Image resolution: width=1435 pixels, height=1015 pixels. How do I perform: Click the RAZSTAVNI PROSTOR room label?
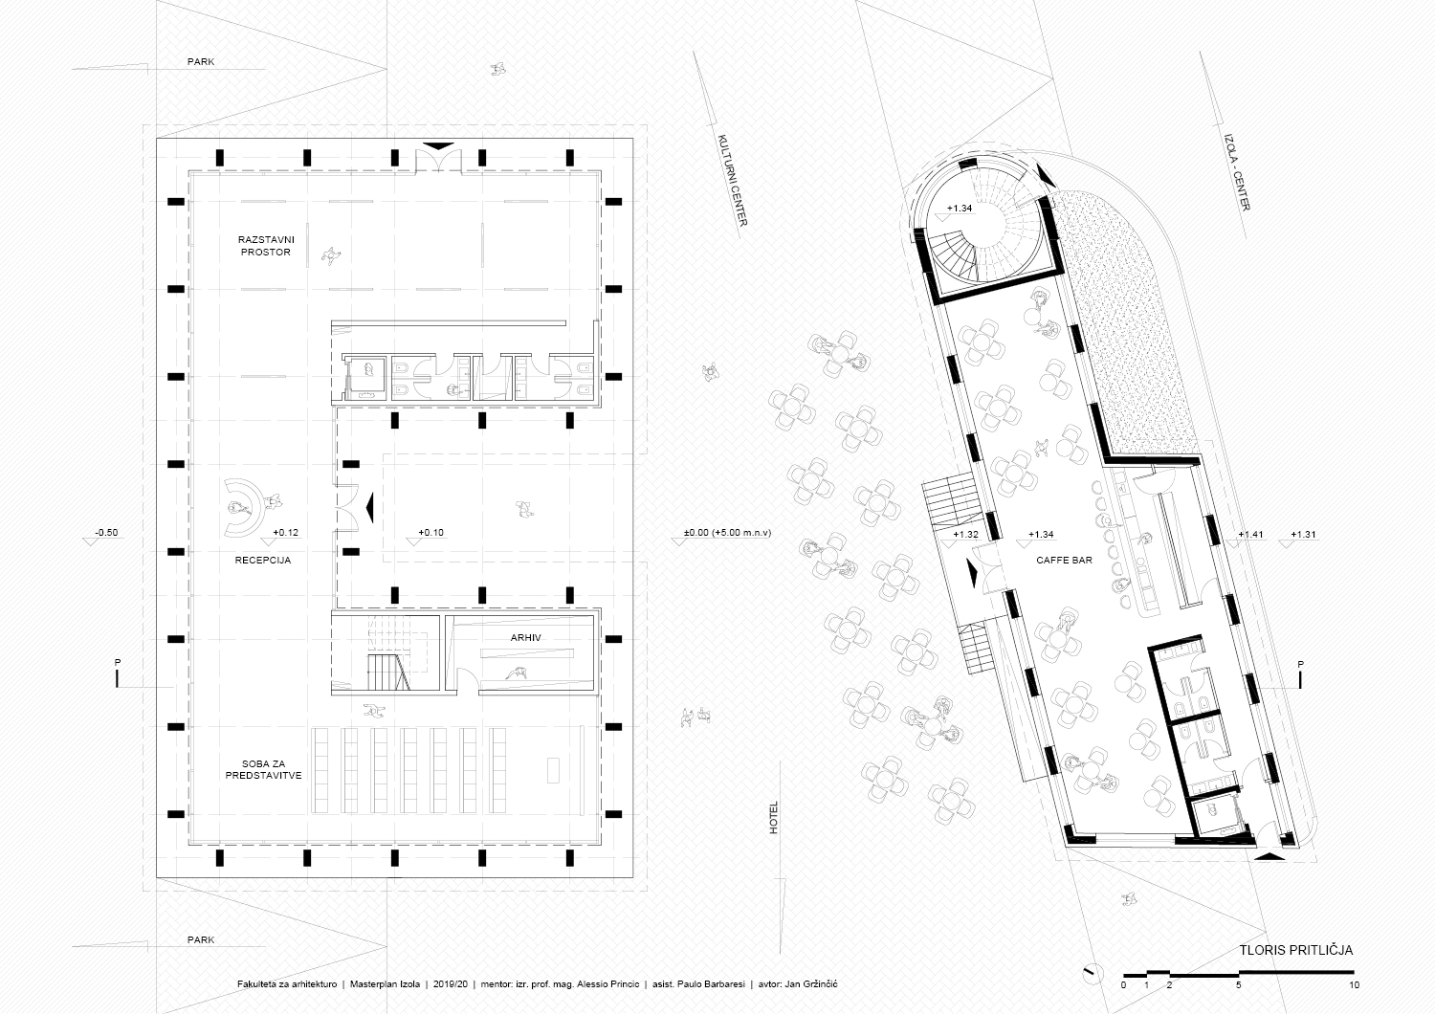pyautogui.click(x=266, y=246)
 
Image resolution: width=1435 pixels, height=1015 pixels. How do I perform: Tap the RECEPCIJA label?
pyautogui.click(x=263, y=560)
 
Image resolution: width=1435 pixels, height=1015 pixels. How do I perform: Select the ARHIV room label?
pyautogui.click(x=526, y=637)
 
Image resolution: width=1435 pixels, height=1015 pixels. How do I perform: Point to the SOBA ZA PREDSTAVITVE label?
pyautogui.click(x=263, y=769)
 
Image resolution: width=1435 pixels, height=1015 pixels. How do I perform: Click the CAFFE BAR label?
pyautogui.click(x=1064, y=560)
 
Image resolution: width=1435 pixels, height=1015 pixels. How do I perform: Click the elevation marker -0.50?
pyautogui.click(x=106, y=533)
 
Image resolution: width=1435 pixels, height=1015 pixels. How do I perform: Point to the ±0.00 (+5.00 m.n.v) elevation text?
pyautogui.click(x=728, y=533)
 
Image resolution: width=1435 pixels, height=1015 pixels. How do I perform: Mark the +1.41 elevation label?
pyautogui.click(x=1250, y=535)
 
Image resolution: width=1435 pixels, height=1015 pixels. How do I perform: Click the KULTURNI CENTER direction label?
pyautogui.click(x=732, y=180)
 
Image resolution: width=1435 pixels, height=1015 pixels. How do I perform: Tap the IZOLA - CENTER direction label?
pyautogui.click(x=1238, y=172)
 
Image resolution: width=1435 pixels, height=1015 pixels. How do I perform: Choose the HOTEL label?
pyautogui.click(x=773, y=818)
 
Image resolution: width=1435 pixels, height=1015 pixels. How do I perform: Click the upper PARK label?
pyautogui.click(x=201, y=62)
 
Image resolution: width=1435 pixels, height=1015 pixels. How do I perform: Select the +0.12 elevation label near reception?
pyautogui.click(x=286, y=533)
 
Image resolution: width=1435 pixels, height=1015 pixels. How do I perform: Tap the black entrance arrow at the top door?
pyautogui.click(x=439, y=146)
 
